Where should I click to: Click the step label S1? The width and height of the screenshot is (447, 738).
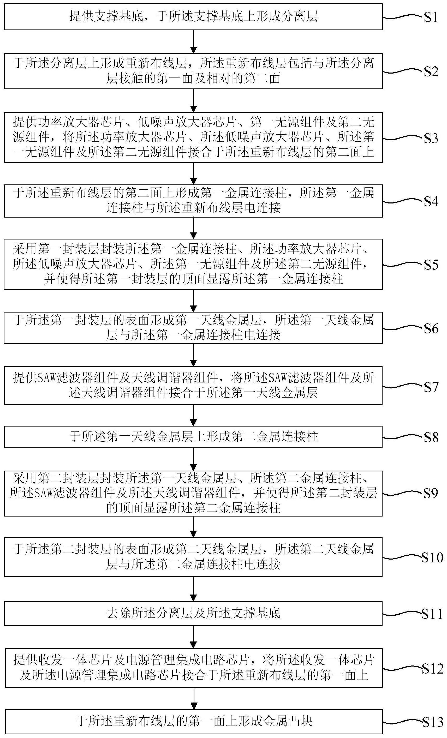point(431,17)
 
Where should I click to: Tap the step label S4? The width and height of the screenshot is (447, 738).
point(431,202)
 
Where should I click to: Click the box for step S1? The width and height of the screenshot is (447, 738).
point(193,17)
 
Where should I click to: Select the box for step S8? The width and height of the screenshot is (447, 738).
point(193,437)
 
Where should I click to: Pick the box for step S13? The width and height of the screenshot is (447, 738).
point(193,721)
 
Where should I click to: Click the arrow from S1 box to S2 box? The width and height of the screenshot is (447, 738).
point(194,41)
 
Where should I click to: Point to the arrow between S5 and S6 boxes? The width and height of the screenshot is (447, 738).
point(194,301)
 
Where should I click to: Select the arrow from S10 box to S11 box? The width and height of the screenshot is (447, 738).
point(194,590)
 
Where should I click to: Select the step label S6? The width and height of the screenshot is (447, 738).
point(431,329)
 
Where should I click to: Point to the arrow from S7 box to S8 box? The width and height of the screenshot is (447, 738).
point(194,415)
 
